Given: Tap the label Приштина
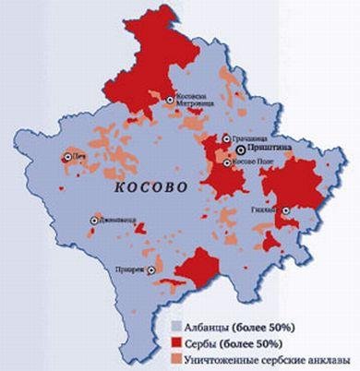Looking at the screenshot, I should point(267,149).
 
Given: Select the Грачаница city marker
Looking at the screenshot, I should point(227,138).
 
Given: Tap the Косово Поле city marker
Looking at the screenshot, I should point(227,162).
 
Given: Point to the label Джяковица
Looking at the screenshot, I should point(119,221).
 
